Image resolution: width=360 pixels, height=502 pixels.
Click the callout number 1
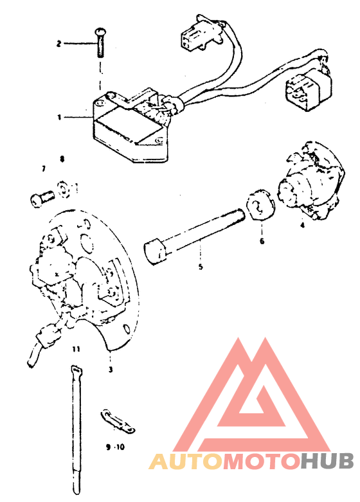click(x=59, y=118)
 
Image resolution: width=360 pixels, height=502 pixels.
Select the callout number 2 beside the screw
click(x=59, y=43)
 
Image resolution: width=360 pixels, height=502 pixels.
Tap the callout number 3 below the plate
click(x=111, y=370)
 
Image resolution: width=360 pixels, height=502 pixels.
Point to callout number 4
click(x=302, y=225)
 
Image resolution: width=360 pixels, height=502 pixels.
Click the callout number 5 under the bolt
click(x=201, y=266)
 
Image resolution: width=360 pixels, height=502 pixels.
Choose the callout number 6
click(x=262, y=241)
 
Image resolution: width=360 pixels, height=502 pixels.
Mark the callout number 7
click(x=44, y=168)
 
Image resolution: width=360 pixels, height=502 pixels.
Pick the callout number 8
click(x=62, y=159)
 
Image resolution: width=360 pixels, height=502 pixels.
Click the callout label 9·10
click(x=115, y=447)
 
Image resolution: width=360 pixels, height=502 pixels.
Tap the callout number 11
click(x=76, y=349)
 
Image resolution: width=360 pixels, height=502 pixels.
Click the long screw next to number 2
click(x=100, y=42)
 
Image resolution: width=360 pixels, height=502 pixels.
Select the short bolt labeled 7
click(x=42, y=199)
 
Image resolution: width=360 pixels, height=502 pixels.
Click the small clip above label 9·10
click(x=116, y=421)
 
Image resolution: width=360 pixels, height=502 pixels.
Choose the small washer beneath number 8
click(x=64, y=190)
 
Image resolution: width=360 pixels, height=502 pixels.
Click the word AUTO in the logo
click(x=186, y=462)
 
